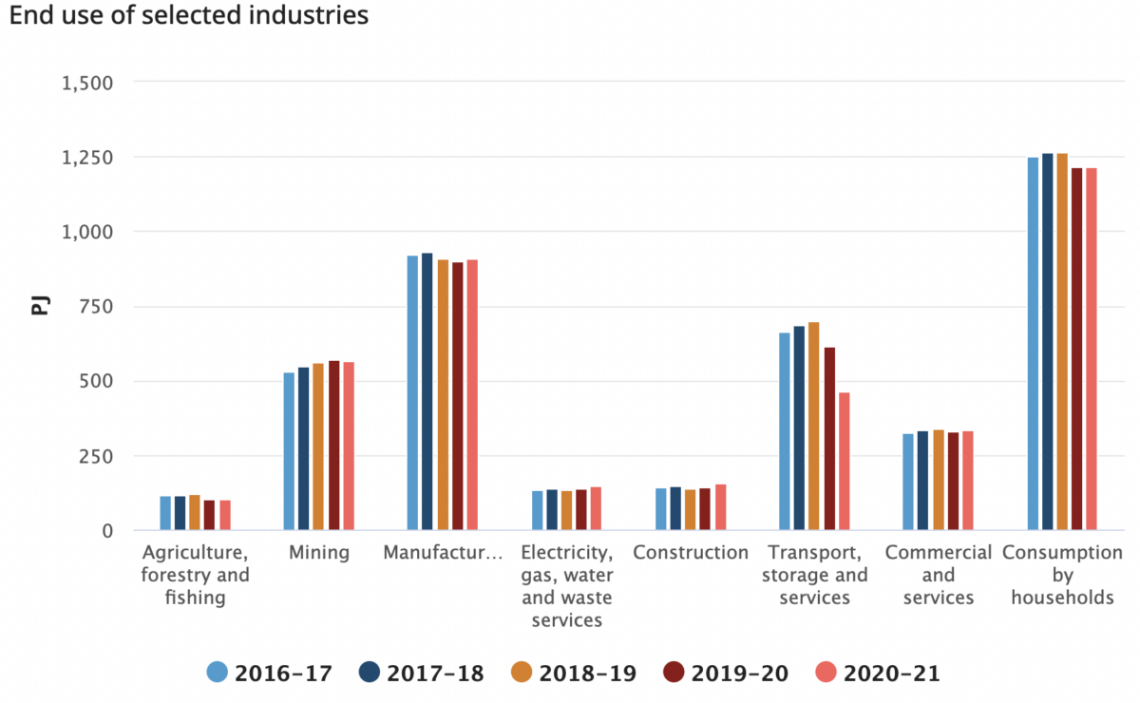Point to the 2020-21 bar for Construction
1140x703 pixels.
720,507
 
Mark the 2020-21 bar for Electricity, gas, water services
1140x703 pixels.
596,508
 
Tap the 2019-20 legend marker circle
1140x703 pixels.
674,673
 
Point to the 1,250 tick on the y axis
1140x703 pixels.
87,158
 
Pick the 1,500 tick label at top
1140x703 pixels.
87,83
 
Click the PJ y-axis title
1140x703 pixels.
39,306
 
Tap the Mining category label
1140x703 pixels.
319,553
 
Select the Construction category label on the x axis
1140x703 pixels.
691,553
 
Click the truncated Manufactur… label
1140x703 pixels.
443,553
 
